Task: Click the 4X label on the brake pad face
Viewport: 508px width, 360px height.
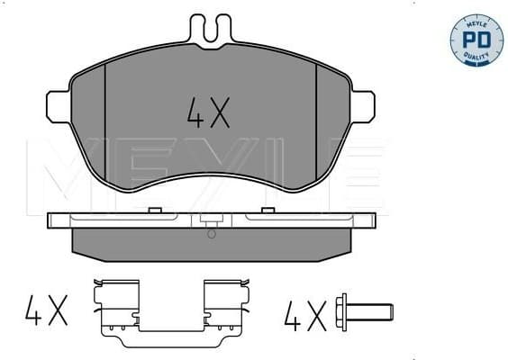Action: click(210, 112)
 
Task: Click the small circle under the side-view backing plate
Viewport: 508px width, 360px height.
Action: click(211, 234)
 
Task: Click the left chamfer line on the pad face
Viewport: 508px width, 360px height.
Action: click(105, 117)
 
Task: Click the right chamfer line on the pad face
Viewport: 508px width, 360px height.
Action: click(317, 117)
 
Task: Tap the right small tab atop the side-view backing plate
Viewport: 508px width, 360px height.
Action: click(267, 211)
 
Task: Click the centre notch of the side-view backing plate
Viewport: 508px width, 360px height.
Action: click(211, 221)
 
